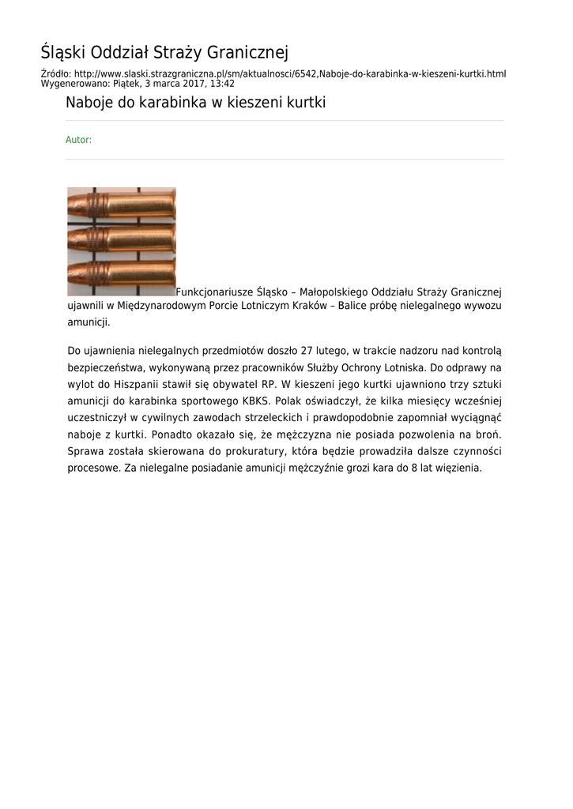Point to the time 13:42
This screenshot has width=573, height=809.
point(222,83)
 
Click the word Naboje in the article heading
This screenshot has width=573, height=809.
point(89,103)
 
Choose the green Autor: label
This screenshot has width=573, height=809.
point(78,140)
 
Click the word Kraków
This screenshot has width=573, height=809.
point(307,306)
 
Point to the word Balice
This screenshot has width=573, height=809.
point(356,306)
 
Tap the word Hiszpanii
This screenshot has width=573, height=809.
point(127,385)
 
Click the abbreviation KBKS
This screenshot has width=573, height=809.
point(257,401)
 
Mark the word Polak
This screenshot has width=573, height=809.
point(289,401)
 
